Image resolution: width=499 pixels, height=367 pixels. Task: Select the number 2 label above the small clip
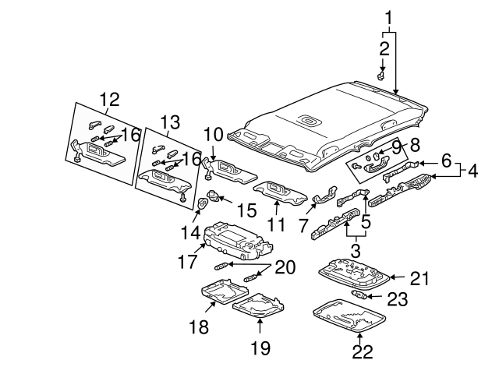(384, 48)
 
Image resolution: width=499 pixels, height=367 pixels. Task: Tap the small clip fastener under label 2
(381, 76)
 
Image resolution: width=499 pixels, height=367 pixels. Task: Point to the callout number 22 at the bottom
(362, 352)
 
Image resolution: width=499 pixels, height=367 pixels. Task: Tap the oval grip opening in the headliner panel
(308, 120)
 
